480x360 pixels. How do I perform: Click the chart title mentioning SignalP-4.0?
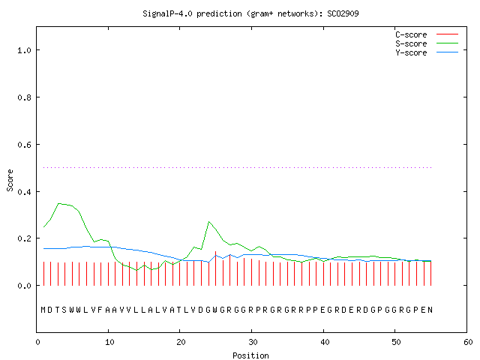pyautogui.click(x=250, y=13)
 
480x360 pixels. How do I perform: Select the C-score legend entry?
pyautogui.click(x=427, y=34)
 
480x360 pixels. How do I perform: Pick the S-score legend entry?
pyautogui.click(x=427, y=43)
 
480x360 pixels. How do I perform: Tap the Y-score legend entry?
pyautogui.click(x=427, y=52)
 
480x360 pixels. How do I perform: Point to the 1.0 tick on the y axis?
pyautogui.click(x=25, y=50)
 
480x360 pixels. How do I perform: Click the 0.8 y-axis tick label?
pyautogui.click(x=25, y=97)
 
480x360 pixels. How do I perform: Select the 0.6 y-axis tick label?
pyautogui.click(x=25, y=145)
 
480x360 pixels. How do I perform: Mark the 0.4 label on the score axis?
pyautogui.click(x=25, y=192)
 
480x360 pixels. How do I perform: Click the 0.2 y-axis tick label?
pyautogui.click(x=25, y=238)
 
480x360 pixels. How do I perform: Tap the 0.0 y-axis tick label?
pyautogui.click(x=25, y=286)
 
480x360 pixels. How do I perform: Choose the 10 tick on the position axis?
pyautogui.click(x=109, y=342)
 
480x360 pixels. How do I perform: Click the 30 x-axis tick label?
pyautogui.click(x=253, y=342)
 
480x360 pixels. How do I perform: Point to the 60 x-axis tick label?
pyautogui.click(x=468, y=342)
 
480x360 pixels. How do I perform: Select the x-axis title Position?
pyautogui.click(x=250, y=355)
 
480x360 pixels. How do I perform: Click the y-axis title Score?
pyautogui.click(x=10, y=180)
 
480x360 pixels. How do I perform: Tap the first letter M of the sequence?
pyautogui.click(x=43, y=310)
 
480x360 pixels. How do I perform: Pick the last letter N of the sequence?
pyautogui.click(x=430, y=310)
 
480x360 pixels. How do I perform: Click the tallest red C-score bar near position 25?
pyautogui.click(x=216, y=268)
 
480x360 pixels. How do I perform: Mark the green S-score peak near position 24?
pyautogui.click(x=208, y=222)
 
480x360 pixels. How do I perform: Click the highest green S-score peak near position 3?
pyautogui.click(x=58, y=203)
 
